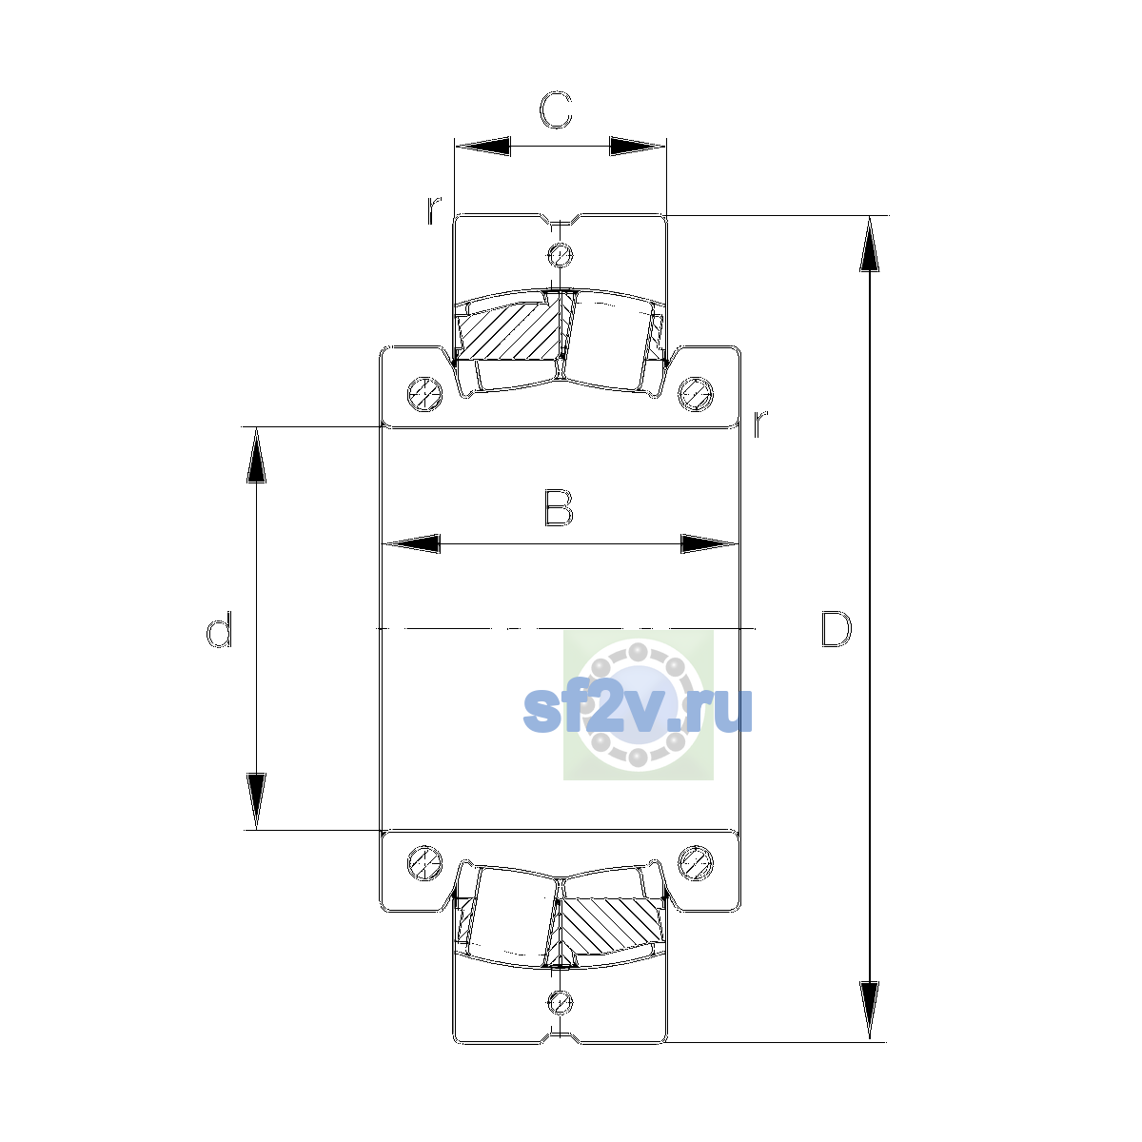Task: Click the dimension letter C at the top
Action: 555,110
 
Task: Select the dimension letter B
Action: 559,507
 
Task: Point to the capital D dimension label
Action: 837,628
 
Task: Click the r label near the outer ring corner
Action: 434,209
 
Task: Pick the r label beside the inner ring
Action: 759,423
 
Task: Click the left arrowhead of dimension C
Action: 482,146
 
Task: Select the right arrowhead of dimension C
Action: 639,146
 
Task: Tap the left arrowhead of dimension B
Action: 411,543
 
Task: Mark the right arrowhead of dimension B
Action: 710,543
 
